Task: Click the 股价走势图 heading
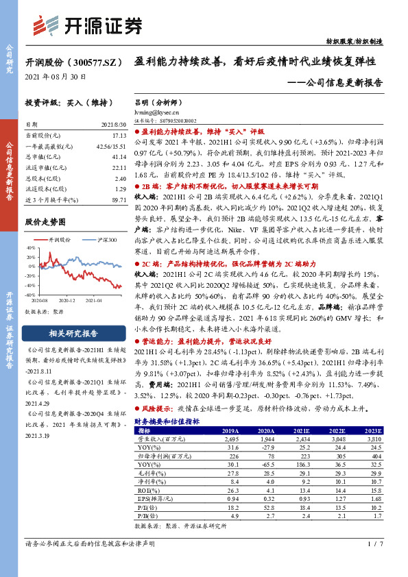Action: point(45,223)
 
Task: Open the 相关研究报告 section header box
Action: point(73,334)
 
